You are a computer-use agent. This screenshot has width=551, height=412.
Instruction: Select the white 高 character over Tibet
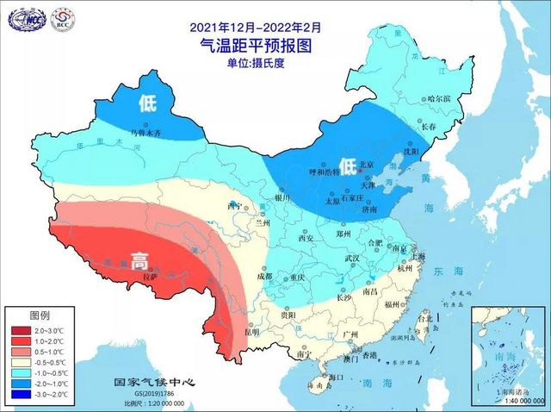point(139,261)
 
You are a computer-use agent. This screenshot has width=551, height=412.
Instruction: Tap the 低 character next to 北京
point(347,165)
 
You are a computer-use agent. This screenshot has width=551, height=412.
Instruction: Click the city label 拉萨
point(150,277)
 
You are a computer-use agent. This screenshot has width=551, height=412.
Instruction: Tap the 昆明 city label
point(251,331)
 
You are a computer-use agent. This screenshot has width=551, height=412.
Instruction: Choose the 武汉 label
point(352,258)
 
